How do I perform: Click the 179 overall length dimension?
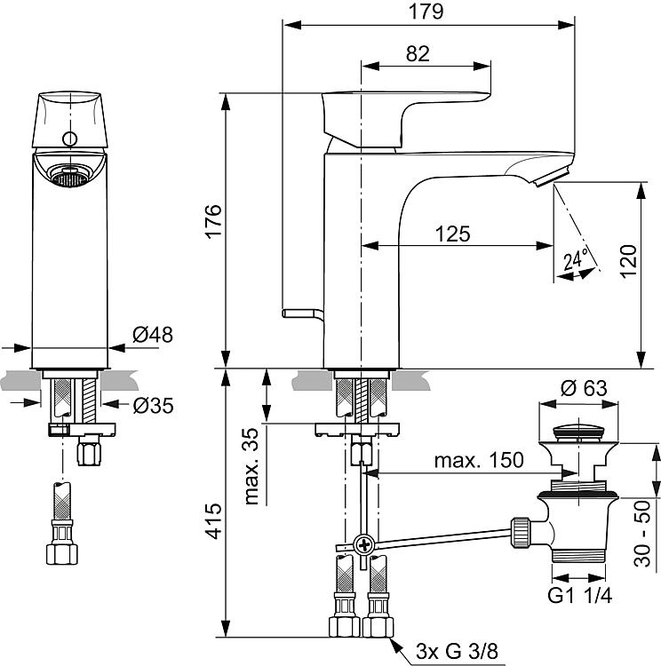[x=426, y=12]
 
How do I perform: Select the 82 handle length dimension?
[x=418, y=53]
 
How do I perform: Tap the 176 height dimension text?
[x=213, y=221]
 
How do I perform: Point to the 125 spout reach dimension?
[x=453, y=234]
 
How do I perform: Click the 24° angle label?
[x=576, y=258]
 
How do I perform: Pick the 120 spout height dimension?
[x=629, y=261]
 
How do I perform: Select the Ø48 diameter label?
[x=153, y=335]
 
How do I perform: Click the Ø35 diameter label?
[x=153, y=406]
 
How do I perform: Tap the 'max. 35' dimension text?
[x=251, y=466]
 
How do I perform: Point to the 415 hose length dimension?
[x=213, y=521]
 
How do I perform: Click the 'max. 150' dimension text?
[x=479, y=460]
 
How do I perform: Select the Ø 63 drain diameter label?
[x=584, y=388]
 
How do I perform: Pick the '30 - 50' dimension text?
[x=642, y=534]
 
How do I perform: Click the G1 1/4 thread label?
[x=580, y=596]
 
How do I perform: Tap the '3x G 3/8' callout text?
[x=457, y=651]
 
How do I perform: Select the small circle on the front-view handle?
[x=69, y=139]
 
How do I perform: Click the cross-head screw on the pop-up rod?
[x=364, y=543]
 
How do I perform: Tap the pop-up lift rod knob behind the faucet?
[x=299, y=313]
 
